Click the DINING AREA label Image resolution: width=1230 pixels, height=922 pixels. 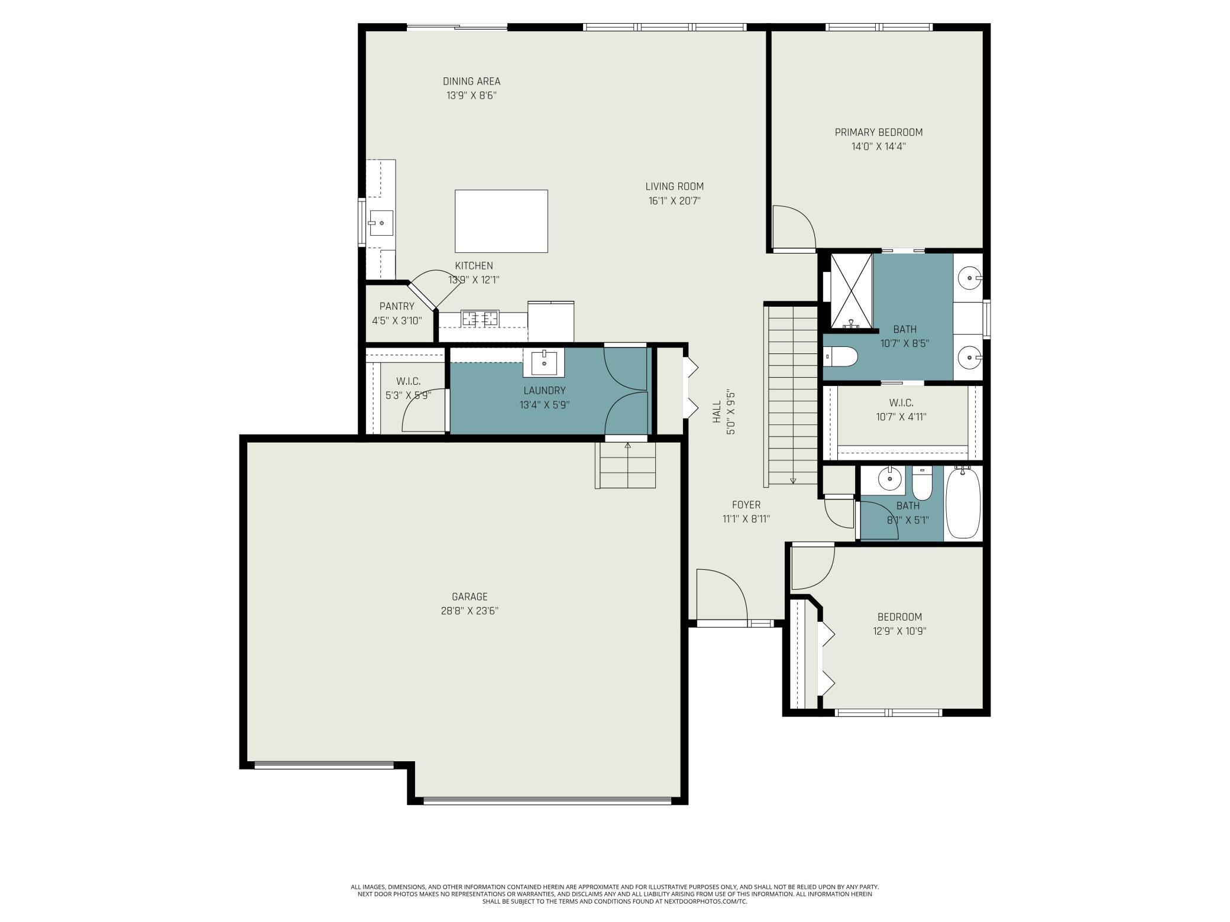(471, 82)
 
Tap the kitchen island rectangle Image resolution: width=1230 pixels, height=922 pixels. (501, 221)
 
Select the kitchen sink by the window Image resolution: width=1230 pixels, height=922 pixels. (381, 223)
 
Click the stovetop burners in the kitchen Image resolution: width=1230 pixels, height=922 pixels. (480, 319)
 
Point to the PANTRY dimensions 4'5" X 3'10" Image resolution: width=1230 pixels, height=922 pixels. (397, 321)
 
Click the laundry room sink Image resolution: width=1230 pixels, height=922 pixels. (543, 362)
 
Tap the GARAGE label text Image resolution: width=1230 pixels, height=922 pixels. (470, 597)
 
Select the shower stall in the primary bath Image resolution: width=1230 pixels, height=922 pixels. (851, 290)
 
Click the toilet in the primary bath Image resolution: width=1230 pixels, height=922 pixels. (841, 356)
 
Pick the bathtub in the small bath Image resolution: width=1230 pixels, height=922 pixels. (963, 503)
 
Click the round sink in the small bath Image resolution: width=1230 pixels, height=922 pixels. (889, 478)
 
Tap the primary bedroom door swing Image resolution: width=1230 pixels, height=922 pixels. (792, 228)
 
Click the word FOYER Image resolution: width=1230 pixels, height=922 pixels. (746, 505)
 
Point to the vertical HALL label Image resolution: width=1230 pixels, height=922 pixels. (717, 412)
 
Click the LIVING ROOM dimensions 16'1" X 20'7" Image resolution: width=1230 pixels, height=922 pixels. (674, 201)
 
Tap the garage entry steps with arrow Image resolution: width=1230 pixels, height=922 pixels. (627, 465)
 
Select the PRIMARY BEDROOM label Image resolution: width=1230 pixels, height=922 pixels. (878, 132)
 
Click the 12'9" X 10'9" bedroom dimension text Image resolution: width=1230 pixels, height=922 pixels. (899, 631)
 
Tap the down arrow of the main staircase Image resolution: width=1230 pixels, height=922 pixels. (793, 480)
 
